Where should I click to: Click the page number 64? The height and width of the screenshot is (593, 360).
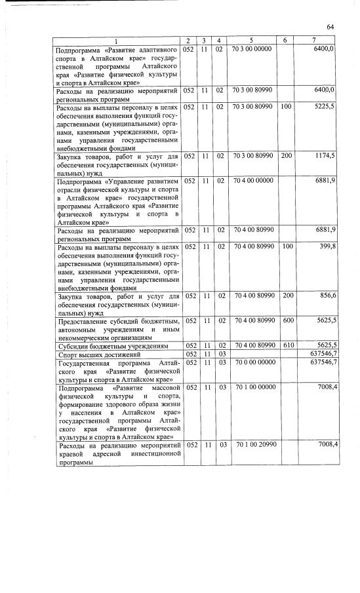pyautogui.click(x=330, y=26)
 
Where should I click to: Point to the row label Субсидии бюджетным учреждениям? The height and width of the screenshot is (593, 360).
pyautogui.click(x=109, y=345)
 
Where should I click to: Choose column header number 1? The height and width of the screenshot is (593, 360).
pyautogui.click(x=117, y=41)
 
